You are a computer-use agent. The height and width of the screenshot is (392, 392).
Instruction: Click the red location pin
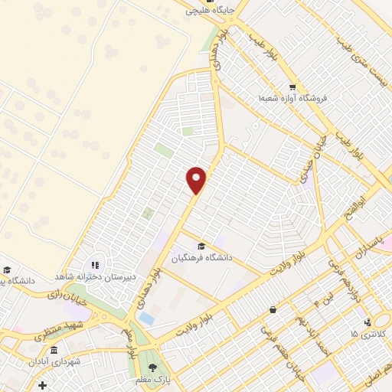(x=198, y=179)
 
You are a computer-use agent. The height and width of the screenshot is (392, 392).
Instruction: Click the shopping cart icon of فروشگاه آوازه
(x=292, y=87)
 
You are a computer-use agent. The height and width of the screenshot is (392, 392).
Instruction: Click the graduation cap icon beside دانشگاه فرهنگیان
(x=201, y=246)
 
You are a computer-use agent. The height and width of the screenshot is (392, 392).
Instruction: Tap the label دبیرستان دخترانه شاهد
(x=93, y=276)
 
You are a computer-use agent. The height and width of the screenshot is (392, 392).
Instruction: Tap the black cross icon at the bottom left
(x=42, y=384)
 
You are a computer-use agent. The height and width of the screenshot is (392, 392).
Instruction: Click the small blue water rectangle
(x=146, y=318)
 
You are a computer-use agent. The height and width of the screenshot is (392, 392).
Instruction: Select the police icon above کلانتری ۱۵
(x=368, y=322)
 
